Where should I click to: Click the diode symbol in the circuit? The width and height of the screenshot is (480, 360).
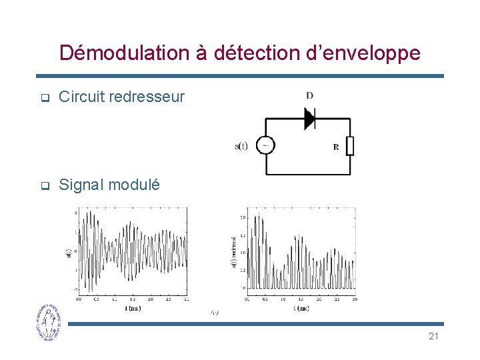click(309, 119)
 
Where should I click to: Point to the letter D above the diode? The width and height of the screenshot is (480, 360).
click(309, 96)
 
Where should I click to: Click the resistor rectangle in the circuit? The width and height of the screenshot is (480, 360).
click(350, 145)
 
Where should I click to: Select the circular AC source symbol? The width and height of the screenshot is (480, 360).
click(265, 145)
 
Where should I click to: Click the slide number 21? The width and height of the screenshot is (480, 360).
click(433, 336)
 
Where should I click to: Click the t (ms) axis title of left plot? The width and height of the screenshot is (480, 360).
click(133, 308)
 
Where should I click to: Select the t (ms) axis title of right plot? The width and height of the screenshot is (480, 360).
click(301, 308)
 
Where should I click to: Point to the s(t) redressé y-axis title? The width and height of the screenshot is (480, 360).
click(234, 252)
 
